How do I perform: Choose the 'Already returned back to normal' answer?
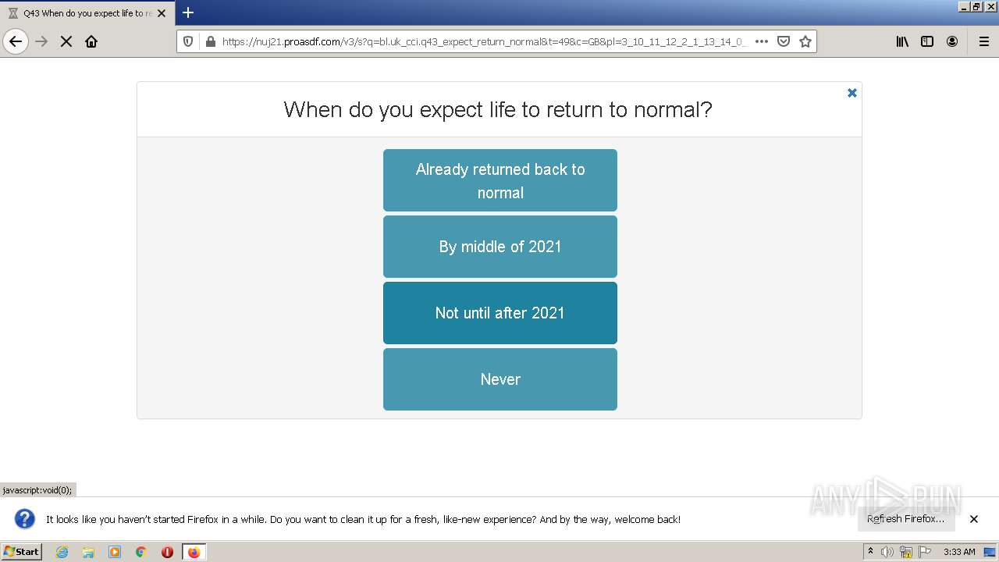click(499, 180)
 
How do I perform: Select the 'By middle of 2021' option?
click(499, 247)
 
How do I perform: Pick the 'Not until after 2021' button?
click(499, 313)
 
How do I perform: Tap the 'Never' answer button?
click(499, 379)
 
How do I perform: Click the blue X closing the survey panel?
click(852, 93)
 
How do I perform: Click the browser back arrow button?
click(16, 41)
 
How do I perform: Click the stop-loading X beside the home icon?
click(66, 41)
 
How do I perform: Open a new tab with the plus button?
click(188, 12)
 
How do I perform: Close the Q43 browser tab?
click(162, 13)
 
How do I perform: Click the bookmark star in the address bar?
click(805, 41)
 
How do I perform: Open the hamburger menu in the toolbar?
click(983, 41)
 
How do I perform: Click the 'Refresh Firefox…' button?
click(905, 519)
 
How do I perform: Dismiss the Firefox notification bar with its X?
click(974, 519)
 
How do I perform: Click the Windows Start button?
click(22, 552)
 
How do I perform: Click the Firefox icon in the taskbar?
click(194, 552)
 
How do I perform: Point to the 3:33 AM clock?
click(959, 552)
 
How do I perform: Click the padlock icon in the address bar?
click(210, 41)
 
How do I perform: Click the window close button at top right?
click(991, 6)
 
